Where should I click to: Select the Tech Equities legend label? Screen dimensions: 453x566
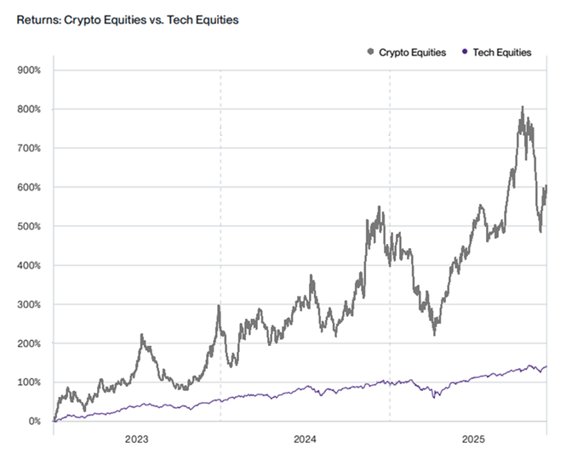pos(501,53)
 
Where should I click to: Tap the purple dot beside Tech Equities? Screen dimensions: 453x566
pos(463,53)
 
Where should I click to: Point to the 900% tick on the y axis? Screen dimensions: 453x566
pos(29,70)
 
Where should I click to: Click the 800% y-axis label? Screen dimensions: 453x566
pos(29,109)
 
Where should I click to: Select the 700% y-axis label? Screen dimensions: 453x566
pos(29,148)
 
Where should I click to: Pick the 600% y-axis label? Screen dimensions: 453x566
pos(29,187)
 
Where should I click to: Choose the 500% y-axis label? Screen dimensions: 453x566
pos(29,226)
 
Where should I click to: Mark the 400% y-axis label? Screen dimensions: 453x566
pos(29,265)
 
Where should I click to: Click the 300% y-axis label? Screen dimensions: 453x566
pos(29,304)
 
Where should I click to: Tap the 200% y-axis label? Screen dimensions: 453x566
pos(29,343)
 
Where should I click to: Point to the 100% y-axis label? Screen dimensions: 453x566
pos(29,382)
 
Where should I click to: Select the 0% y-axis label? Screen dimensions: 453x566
pos(34,422)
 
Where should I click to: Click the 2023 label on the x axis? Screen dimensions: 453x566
pos(136,439)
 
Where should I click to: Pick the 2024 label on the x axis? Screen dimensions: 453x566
pos(305,439)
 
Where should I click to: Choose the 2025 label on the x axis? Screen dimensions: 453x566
pos(473,439)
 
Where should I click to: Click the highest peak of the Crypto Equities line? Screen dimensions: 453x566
pos(522,108)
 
